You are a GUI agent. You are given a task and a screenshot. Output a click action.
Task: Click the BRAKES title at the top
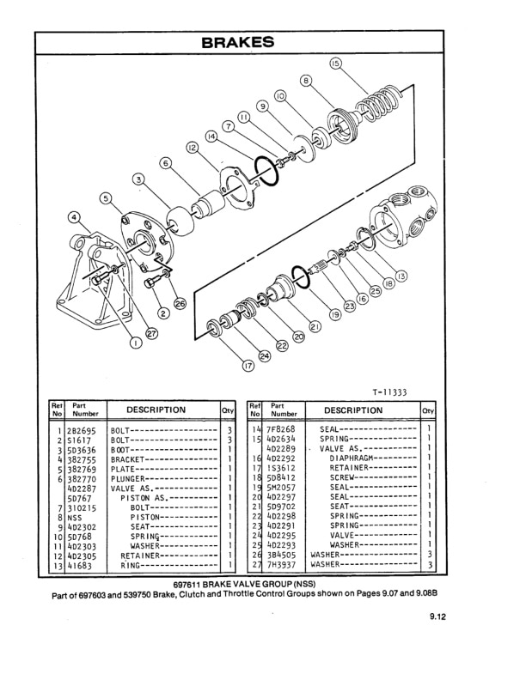click(x=237, y=42)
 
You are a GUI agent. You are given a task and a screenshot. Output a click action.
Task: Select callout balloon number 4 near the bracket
click(x=75, y=217)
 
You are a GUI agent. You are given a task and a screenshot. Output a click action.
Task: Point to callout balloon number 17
click(x=248, y=365)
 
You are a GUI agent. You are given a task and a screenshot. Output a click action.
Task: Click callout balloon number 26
click(x=180, y=303)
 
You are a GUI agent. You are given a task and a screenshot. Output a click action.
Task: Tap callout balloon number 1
click(x=134, y=343)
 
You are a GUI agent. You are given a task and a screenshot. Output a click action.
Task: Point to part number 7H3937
click(x=281, y=565)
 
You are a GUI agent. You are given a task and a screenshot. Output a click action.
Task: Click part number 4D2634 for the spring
click(x=281, y=439)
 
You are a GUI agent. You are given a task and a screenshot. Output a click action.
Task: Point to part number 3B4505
click(x=281, y=555)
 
